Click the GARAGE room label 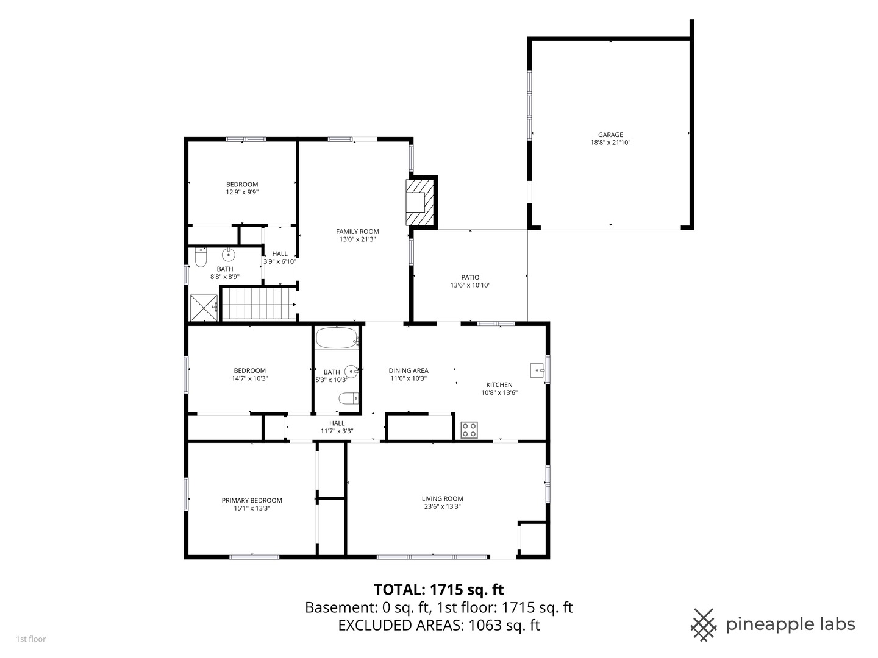click(610, 135)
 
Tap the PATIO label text click(470, 277)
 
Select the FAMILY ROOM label click(357, 232)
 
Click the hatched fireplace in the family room click(420, 202)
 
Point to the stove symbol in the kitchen click(469, 430)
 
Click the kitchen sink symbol click(537, 370)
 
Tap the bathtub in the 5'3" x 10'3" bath click(337, 338)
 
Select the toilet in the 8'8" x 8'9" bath click(201, 258)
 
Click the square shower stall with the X click(204, 308)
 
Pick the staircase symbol click(259, 303)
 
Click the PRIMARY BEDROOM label click(252, 500)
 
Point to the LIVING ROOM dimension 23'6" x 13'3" click(443, 506)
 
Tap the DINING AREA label click(409, 370)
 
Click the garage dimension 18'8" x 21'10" click(610, 142)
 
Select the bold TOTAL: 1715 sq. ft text click(439, 589)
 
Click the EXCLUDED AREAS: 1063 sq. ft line click(439, 625)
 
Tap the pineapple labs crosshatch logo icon click(704, 624)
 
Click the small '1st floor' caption click(31, 639)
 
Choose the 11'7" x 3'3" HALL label click(337, 426)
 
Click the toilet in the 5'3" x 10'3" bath click(349, 398)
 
